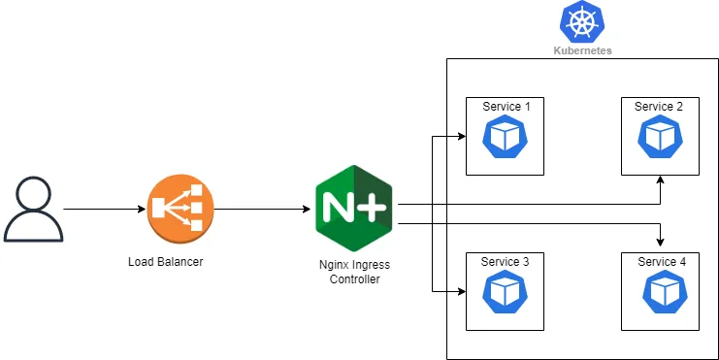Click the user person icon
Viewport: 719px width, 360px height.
point(34,209)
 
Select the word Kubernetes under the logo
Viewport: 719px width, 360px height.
point(582,50)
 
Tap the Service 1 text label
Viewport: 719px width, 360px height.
point(506,106)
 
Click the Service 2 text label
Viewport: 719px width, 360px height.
point(659,106)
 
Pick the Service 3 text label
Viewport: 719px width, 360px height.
point(506,262)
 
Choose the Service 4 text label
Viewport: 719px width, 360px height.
point(661,262)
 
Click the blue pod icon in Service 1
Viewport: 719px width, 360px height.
point(505,137)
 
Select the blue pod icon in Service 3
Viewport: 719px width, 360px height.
point(505,292)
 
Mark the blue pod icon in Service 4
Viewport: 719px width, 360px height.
point(661,292)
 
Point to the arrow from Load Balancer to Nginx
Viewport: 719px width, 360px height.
point(257,209)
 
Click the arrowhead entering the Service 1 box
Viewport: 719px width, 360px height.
point(460,135)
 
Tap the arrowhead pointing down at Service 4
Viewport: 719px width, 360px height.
point(661,241)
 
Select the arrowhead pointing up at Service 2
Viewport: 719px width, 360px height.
point(661,181)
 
